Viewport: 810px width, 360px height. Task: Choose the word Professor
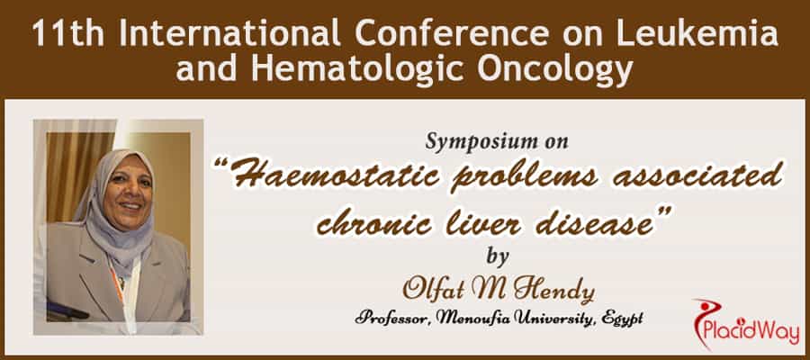pos(391,318)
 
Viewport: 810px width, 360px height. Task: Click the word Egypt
pos(621,319)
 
